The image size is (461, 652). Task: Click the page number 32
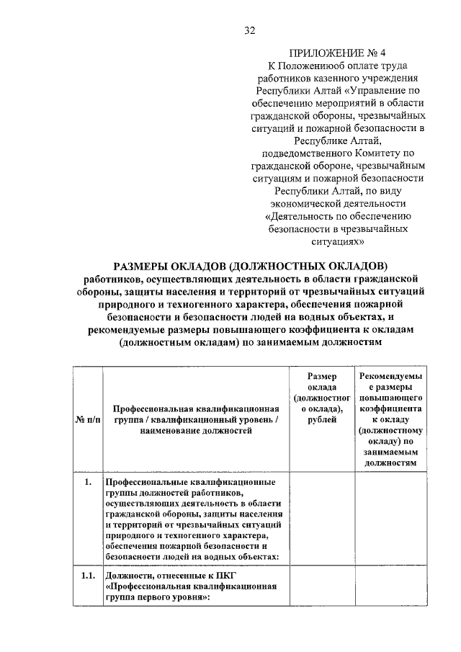[x=250, y=30]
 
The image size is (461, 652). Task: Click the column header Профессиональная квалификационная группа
[x=196, y=419]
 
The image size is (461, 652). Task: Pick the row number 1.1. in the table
[x=87, y=576]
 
